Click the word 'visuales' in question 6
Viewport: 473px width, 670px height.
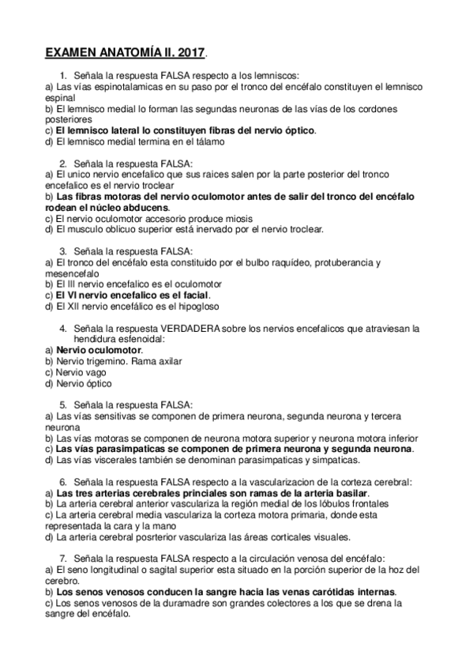328,536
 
